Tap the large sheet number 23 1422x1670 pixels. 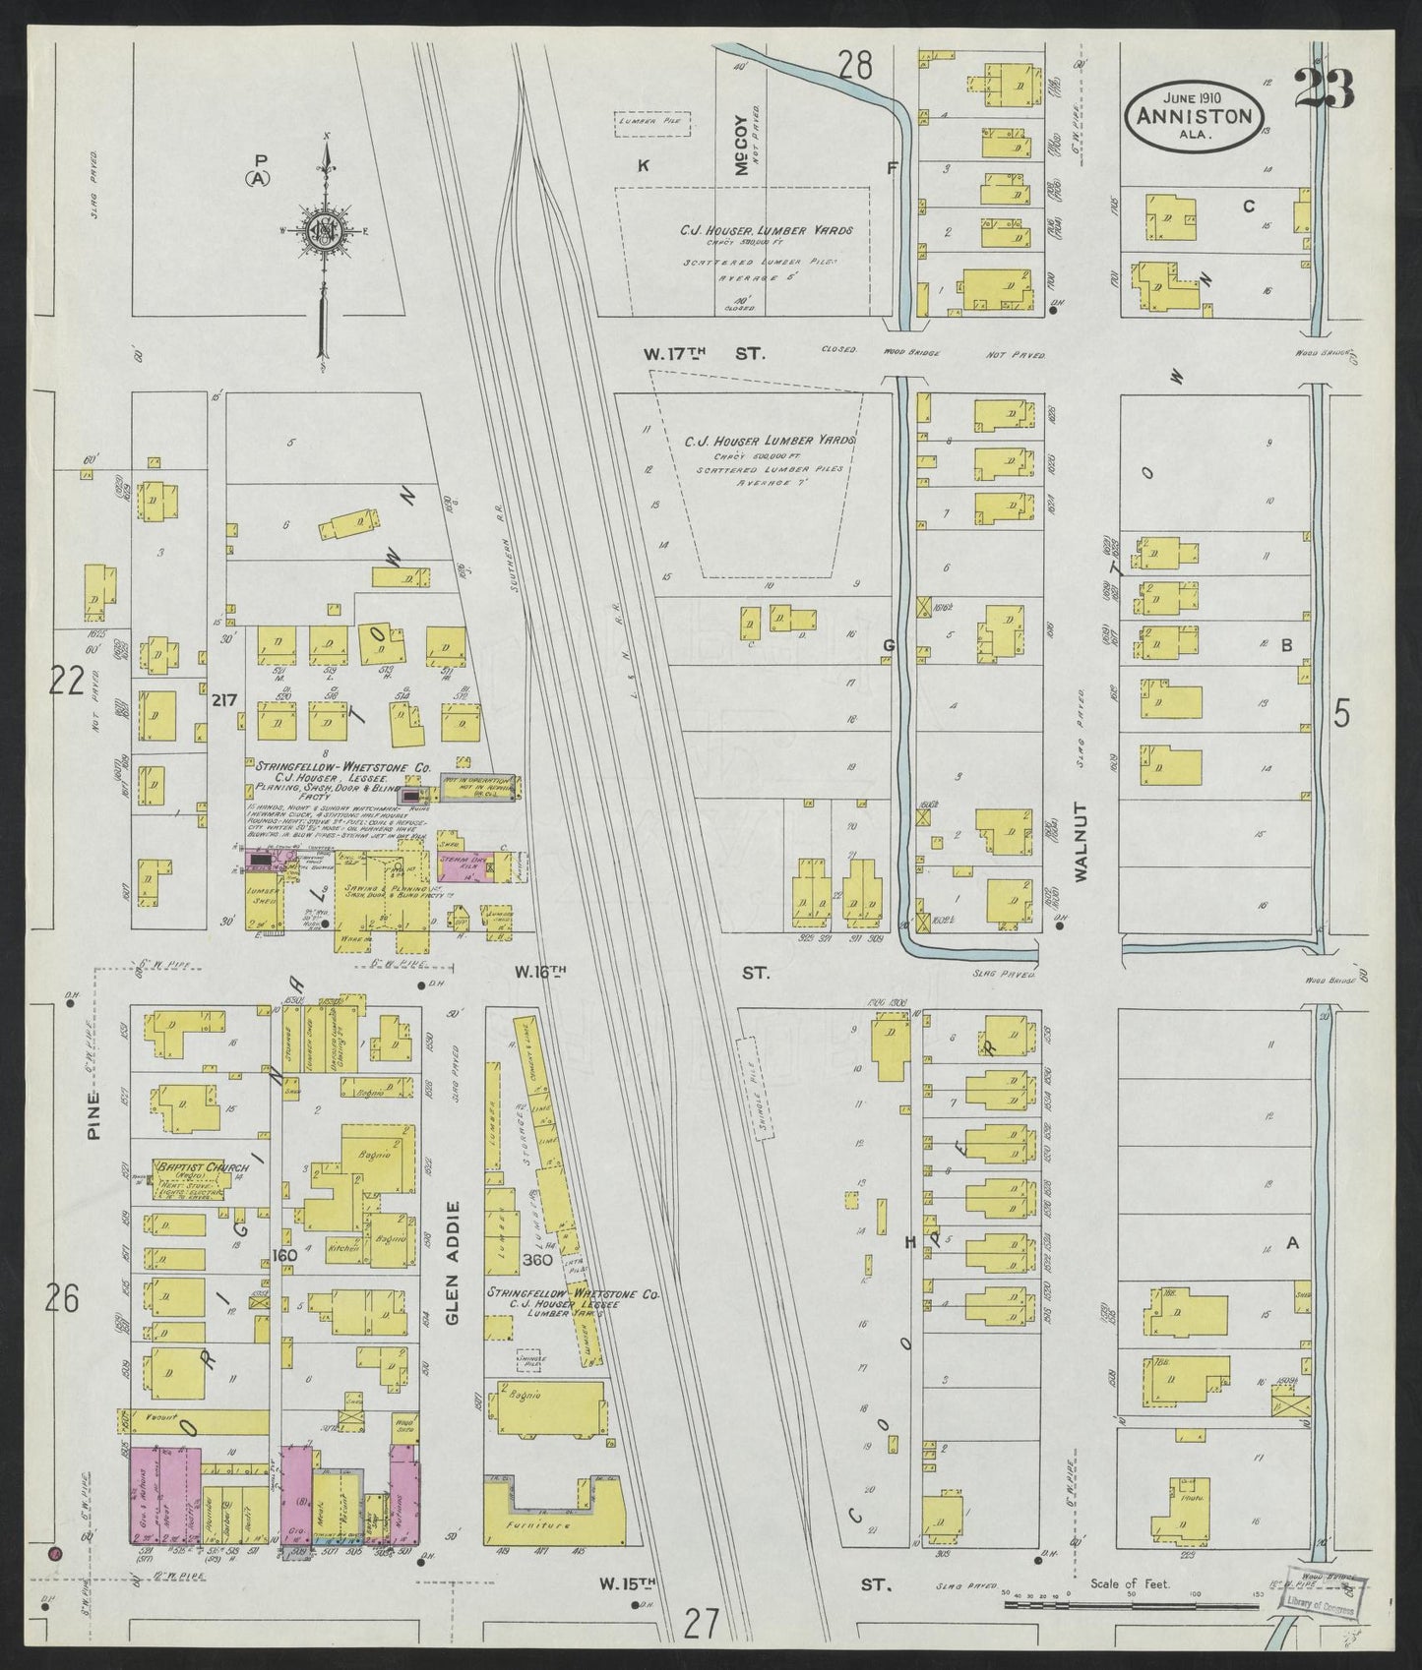pyautogui.click(x=1324, y=89)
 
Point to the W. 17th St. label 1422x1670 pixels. pyautogui.click(x=703, y=352)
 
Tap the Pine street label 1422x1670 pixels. pyautogui.click(x=95, y=1114)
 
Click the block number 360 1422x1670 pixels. pyautogui.click(x=537, y=1259)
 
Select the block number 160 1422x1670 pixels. pyautogui.click(x=284, y=1255)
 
